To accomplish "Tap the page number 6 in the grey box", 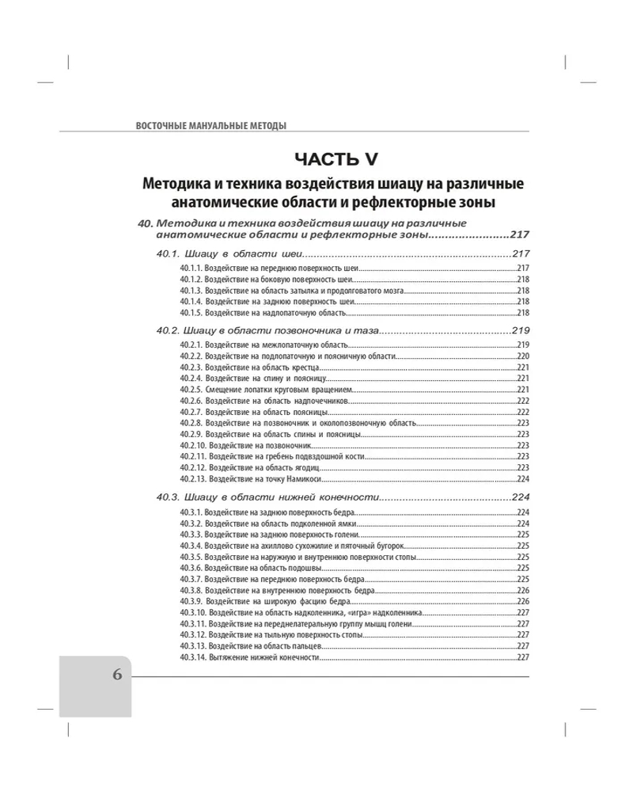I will (x=117, y=675).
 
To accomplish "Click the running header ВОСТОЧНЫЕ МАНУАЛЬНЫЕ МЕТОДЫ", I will (x=211, y=125).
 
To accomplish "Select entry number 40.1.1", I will (x=190, y=269).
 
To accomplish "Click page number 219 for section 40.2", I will (x=520, y=329).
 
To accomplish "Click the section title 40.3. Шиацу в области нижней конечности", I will (x=268, y=497).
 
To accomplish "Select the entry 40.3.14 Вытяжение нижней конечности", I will (x=249, y=657).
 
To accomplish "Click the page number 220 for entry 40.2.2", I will (x=522, y=356).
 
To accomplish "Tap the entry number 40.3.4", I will (x=190, y=546).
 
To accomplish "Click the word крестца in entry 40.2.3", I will (x=304, y=367).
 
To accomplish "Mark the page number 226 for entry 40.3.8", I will (x=522, y=591).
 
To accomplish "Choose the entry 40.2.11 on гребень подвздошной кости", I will (x=274, y=456).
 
